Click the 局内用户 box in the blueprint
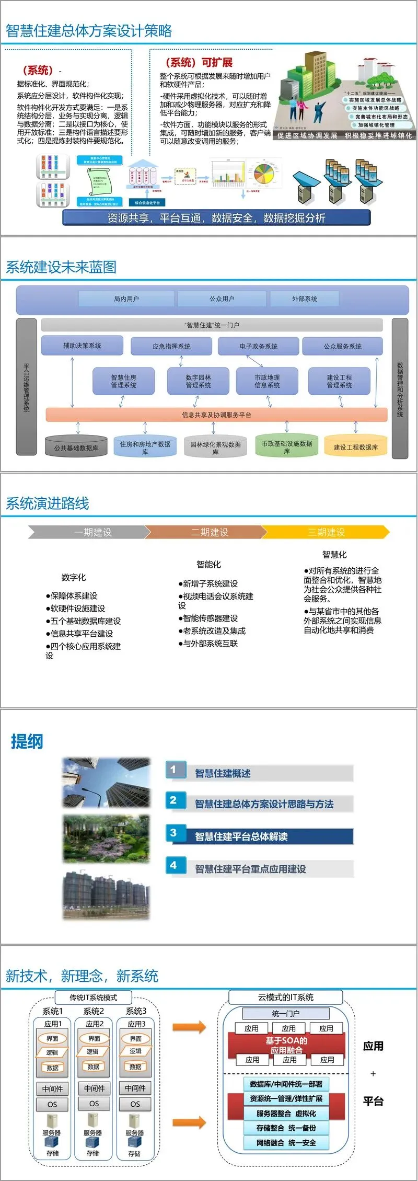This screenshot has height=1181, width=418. tap(126, 299)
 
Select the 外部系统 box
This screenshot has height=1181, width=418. tap(304, 299)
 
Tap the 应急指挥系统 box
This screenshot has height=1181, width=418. tap(171, 346)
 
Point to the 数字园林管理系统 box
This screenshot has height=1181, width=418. tap(199, 381)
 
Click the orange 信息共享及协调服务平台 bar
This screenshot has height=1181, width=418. tap(216, 415)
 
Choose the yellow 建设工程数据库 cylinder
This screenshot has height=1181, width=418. tap(356, 447)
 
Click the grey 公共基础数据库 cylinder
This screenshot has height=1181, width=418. tap(76, 448)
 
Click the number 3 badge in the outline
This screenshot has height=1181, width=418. tap(173, 833)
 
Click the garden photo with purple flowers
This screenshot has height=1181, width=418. tap(106, 839)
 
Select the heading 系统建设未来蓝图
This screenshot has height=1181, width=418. tap(61, 267)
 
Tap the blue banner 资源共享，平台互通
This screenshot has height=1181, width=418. tap(216, 217)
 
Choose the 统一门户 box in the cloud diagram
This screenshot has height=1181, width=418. tap(285, 1013)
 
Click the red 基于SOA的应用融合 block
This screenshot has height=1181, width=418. tap(286, 1045)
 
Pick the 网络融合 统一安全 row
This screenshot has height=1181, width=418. tap(286, 1142)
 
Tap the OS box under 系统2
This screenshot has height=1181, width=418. tap(94, 1104)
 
